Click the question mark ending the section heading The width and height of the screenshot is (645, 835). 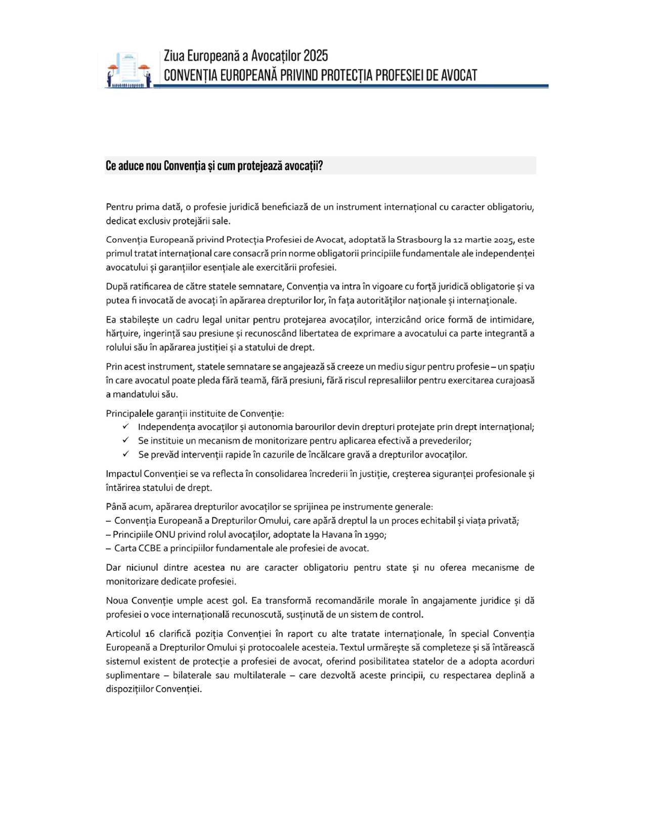(321, 166)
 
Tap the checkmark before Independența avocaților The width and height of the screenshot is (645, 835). (125, 427)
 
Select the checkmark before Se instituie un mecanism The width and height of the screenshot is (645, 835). (125, 440)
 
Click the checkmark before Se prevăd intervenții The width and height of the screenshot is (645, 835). (125, 454)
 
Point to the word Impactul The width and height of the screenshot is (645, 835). (123, 474)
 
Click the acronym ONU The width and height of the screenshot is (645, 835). (164, 534)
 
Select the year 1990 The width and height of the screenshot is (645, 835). (375, 535)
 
